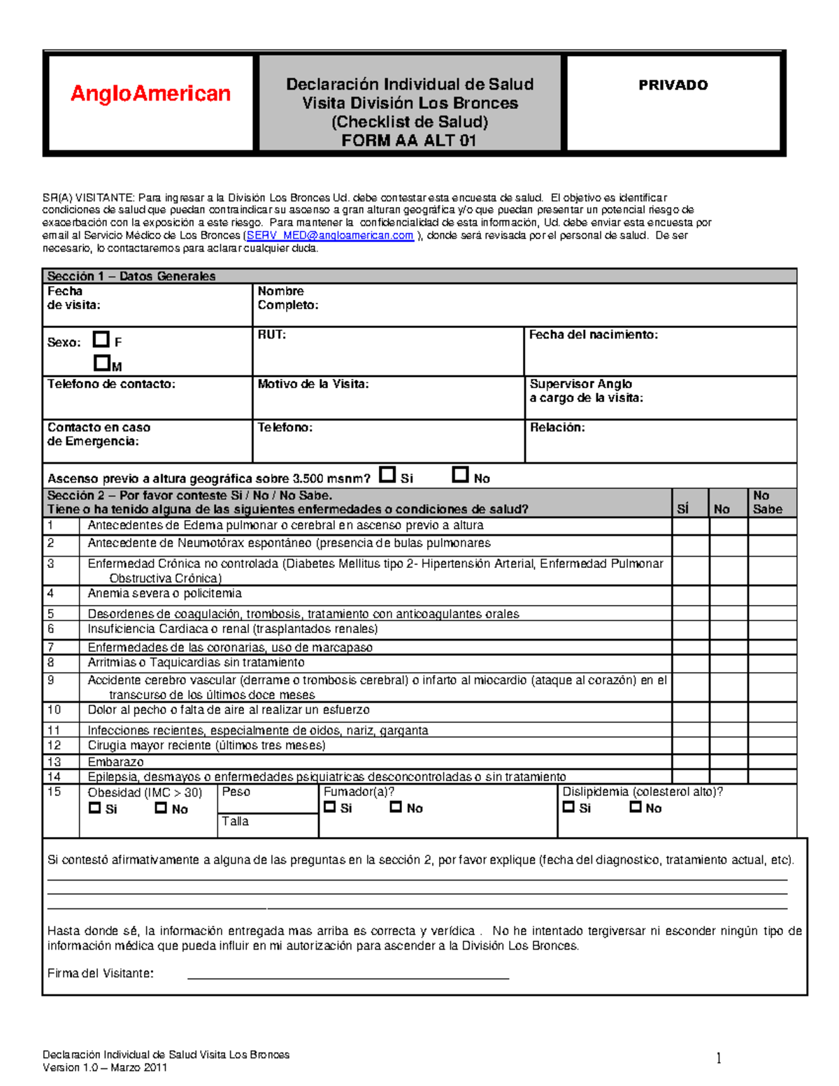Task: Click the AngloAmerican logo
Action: [x=150, y=94]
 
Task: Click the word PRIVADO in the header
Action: [x=673, y=85]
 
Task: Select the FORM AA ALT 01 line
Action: [x=409, y=141]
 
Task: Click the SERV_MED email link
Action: [x=330, y=236]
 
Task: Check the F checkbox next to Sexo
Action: [x=101, y=340]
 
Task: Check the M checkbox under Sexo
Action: [x=102, y=363]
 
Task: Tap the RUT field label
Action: [x=271, y=335]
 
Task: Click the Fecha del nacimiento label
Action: [x=593, y=335]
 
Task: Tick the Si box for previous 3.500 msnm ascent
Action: [x=387, y=475]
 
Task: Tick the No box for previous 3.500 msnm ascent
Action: [x=460, y=475]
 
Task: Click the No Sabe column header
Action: [x=767, y=502]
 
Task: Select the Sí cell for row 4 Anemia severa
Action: [x=690, y=595]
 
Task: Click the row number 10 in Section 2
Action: [x=54, y=710]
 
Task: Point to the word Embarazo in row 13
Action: [x=115, y=762]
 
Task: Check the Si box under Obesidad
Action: [x=95, y=808]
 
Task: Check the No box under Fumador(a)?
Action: [x=396, y=807]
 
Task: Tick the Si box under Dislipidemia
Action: [x=568, y=807]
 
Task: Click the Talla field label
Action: [x=235, y=822]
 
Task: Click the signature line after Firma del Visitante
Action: [x=347, y=976]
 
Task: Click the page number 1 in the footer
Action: [x=718, y=1059]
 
